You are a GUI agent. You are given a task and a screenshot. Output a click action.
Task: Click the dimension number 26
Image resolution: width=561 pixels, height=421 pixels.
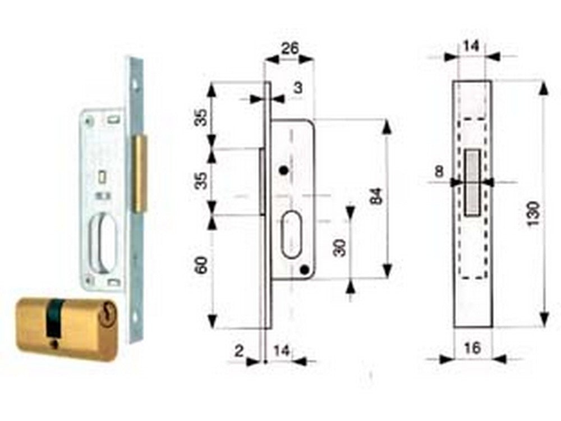coord(289,49)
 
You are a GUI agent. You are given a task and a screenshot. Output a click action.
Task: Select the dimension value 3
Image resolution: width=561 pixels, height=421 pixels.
coord(298,88)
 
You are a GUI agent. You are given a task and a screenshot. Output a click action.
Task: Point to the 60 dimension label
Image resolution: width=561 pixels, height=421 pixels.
coord(202,264)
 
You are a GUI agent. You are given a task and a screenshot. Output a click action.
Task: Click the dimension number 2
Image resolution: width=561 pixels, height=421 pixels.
coord(240,351)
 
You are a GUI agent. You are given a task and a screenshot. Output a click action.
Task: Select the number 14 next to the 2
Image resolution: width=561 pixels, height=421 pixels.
coord(282,351)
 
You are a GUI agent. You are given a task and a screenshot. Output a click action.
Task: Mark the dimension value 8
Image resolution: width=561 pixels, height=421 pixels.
coord(439,172)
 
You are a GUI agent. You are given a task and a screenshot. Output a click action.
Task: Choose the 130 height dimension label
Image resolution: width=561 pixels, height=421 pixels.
coord(533,213)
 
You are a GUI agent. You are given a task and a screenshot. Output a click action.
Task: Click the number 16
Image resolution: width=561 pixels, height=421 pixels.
coord(472,348)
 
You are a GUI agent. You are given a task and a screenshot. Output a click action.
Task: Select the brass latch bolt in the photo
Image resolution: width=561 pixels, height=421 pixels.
coord(139,173)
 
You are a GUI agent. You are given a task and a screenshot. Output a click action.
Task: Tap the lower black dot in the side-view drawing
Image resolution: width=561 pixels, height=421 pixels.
coord(304,271)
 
